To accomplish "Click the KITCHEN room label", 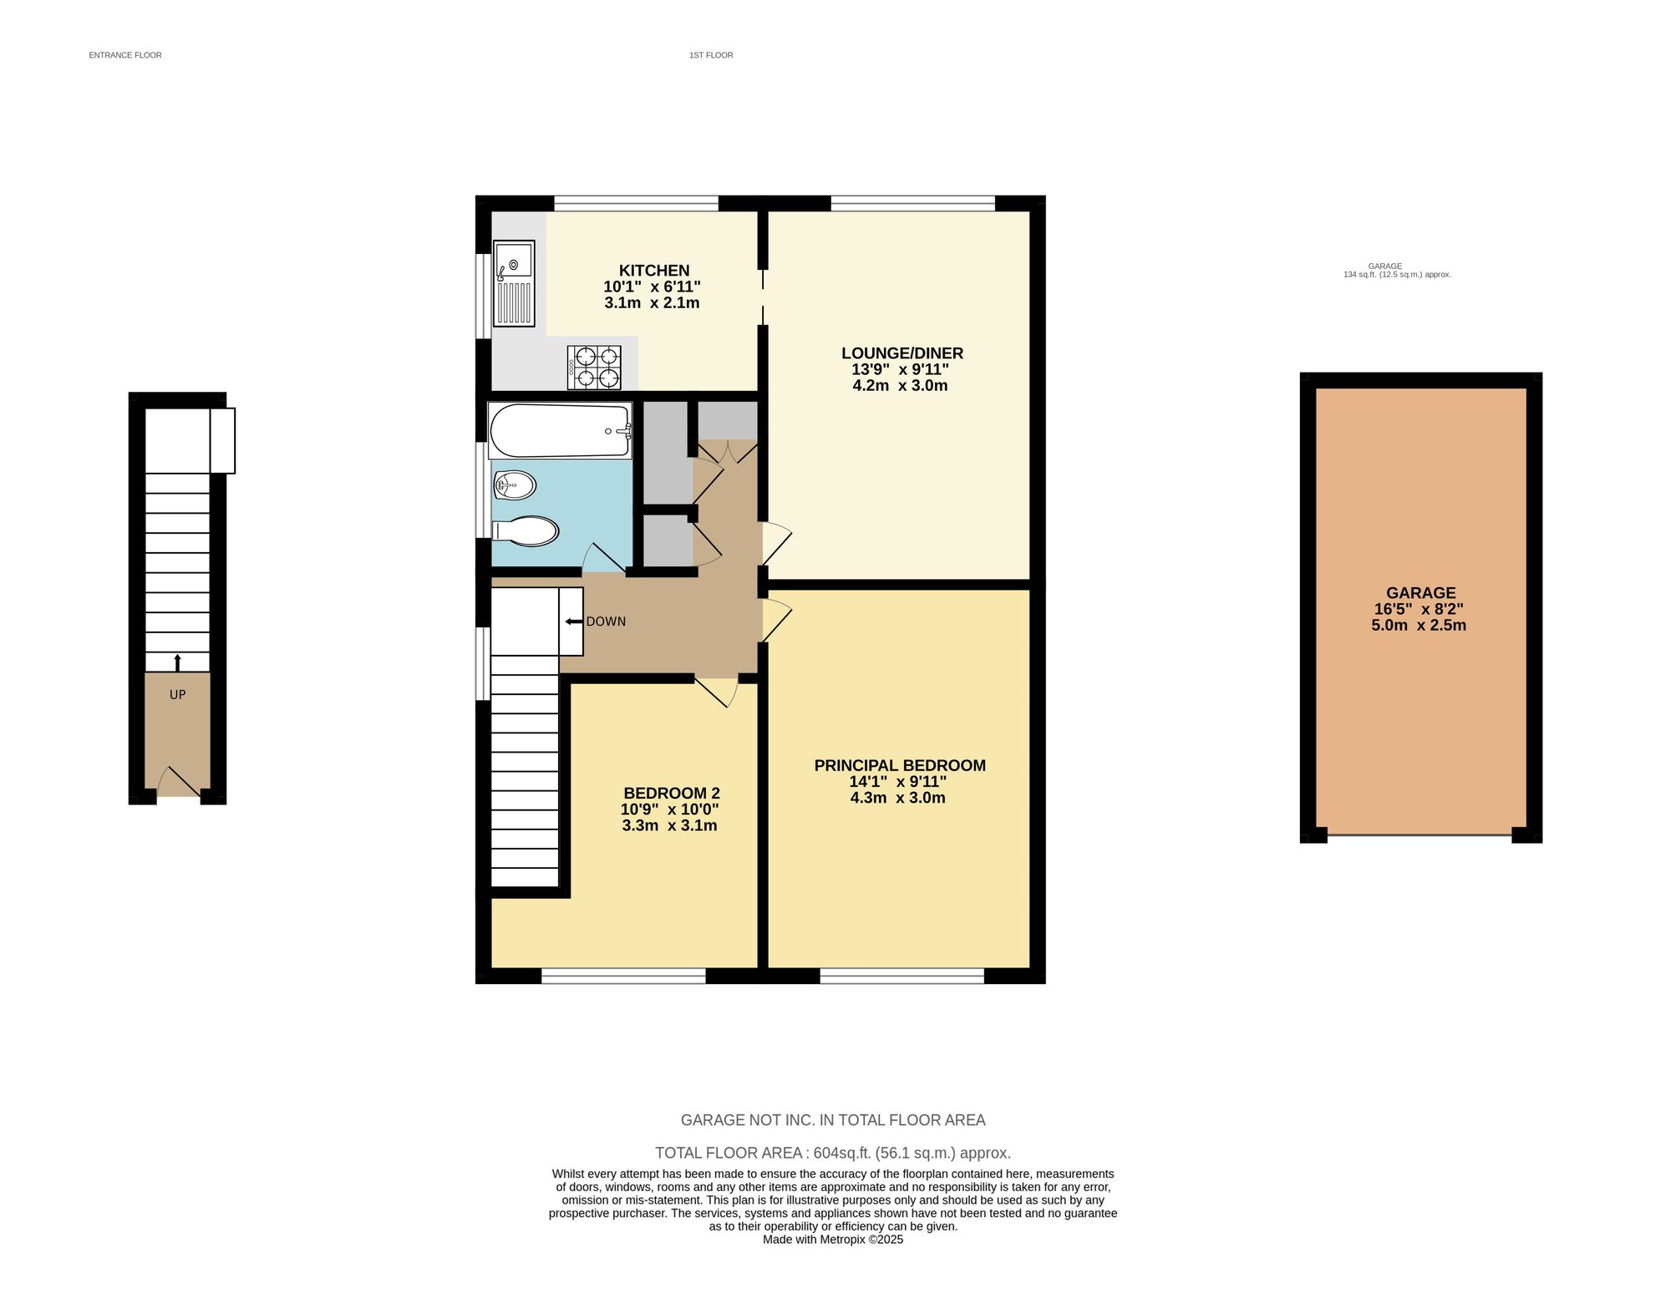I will point(653,271).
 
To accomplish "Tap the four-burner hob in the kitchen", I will point(594,368).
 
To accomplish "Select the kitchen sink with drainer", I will point(513,283).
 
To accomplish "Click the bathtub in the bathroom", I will point(560,431).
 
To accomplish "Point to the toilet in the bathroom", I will point(526,531).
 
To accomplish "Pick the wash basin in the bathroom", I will point(515,485).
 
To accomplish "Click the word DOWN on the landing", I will point(606,622).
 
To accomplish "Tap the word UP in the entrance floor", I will point(177,695).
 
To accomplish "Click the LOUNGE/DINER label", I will point(902,353).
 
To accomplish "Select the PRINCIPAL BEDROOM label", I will point(900,765).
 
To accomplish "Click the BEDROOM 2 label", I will point(671,794).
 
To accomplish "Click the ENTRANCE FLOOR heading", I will point(125,55).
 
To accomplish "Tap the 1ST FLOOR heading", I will point(711,55).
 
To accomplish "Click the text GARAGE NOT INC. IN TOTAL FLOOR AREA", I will point(833,1120).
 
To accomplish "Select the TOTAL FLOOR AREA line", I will point(833,1153).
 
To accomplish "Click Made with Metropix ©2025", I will point(833,1240).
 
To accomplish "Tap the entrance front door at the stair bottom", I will point(177,784).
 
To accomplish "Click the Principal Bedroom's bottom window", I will point(902,976).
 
